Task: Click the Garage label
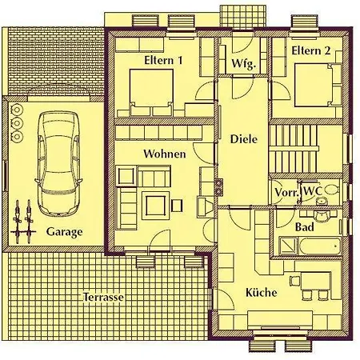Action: (64, 232)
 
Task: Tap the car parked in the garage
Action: (58, 164)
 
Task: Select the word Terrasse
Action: (104, 297)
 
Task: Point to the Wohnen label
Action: (165, 154)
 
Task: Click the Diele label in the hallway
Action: (244, 139)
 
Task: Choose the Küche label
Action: (262, 293)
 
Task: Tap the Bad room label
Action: (305, 227)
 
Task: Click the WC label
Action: (313, 191)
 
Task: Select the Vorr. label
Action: (286, 192)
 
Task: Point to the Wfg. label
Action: (244, 64)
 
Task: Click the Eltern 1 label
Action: (163, 60)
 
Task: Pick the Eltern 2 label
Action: (311, 50)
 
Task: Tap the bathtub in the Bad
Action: (320, 246)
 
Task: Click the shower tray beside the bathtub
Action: (288, 246)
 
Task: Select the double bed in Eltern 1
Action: (151, 93)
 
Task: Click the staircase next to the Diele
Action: (294, 149)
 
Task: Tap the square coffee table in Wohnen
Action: (155, 206)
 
